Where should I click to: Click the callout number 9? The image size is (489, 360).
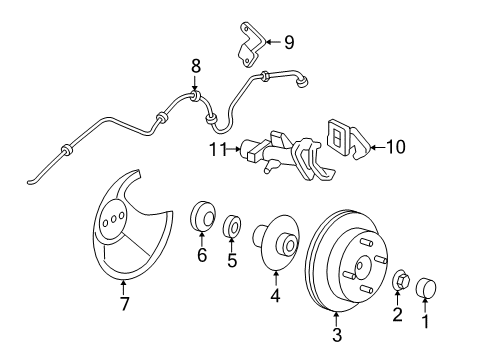(289, 43)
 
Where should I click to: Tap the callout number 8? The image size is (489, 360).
(196, 66)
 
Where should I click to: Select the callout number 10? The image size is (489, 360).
(396, 147)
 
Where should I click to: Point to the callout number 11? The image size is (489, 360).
(218, 149)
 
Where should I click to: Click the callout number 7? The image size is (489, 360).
(124, 304)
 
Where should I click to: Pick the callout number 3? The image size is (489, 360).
(337, 335)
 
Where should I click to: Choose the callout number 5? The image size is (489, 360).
(232, 260)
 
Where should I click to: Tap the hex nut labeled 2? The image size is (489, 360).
(401, 281)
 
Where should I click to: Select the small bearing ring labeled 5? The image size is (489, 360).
(232, 226)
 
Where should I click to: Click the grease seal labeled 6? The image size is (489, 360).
(203, 216)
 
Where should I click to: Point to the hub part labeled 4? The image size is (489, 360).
(276, 242)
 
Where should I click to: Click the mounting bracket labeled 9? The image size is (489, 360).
(251, 45)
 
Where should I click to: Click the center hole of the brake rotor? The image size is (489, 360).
(360, 266)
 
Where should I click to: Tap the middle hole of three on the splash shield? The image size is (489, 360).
(113, 219)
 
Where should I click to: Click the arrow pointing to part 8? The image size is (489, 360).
(195, 82)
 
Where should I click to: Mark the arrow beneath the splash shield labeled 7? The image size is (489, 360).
(124, 288)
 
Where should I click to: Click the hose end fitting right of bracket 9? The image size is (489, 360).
(302, 82)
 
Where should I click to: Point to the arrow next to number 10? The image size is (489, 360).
(377, 147)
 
